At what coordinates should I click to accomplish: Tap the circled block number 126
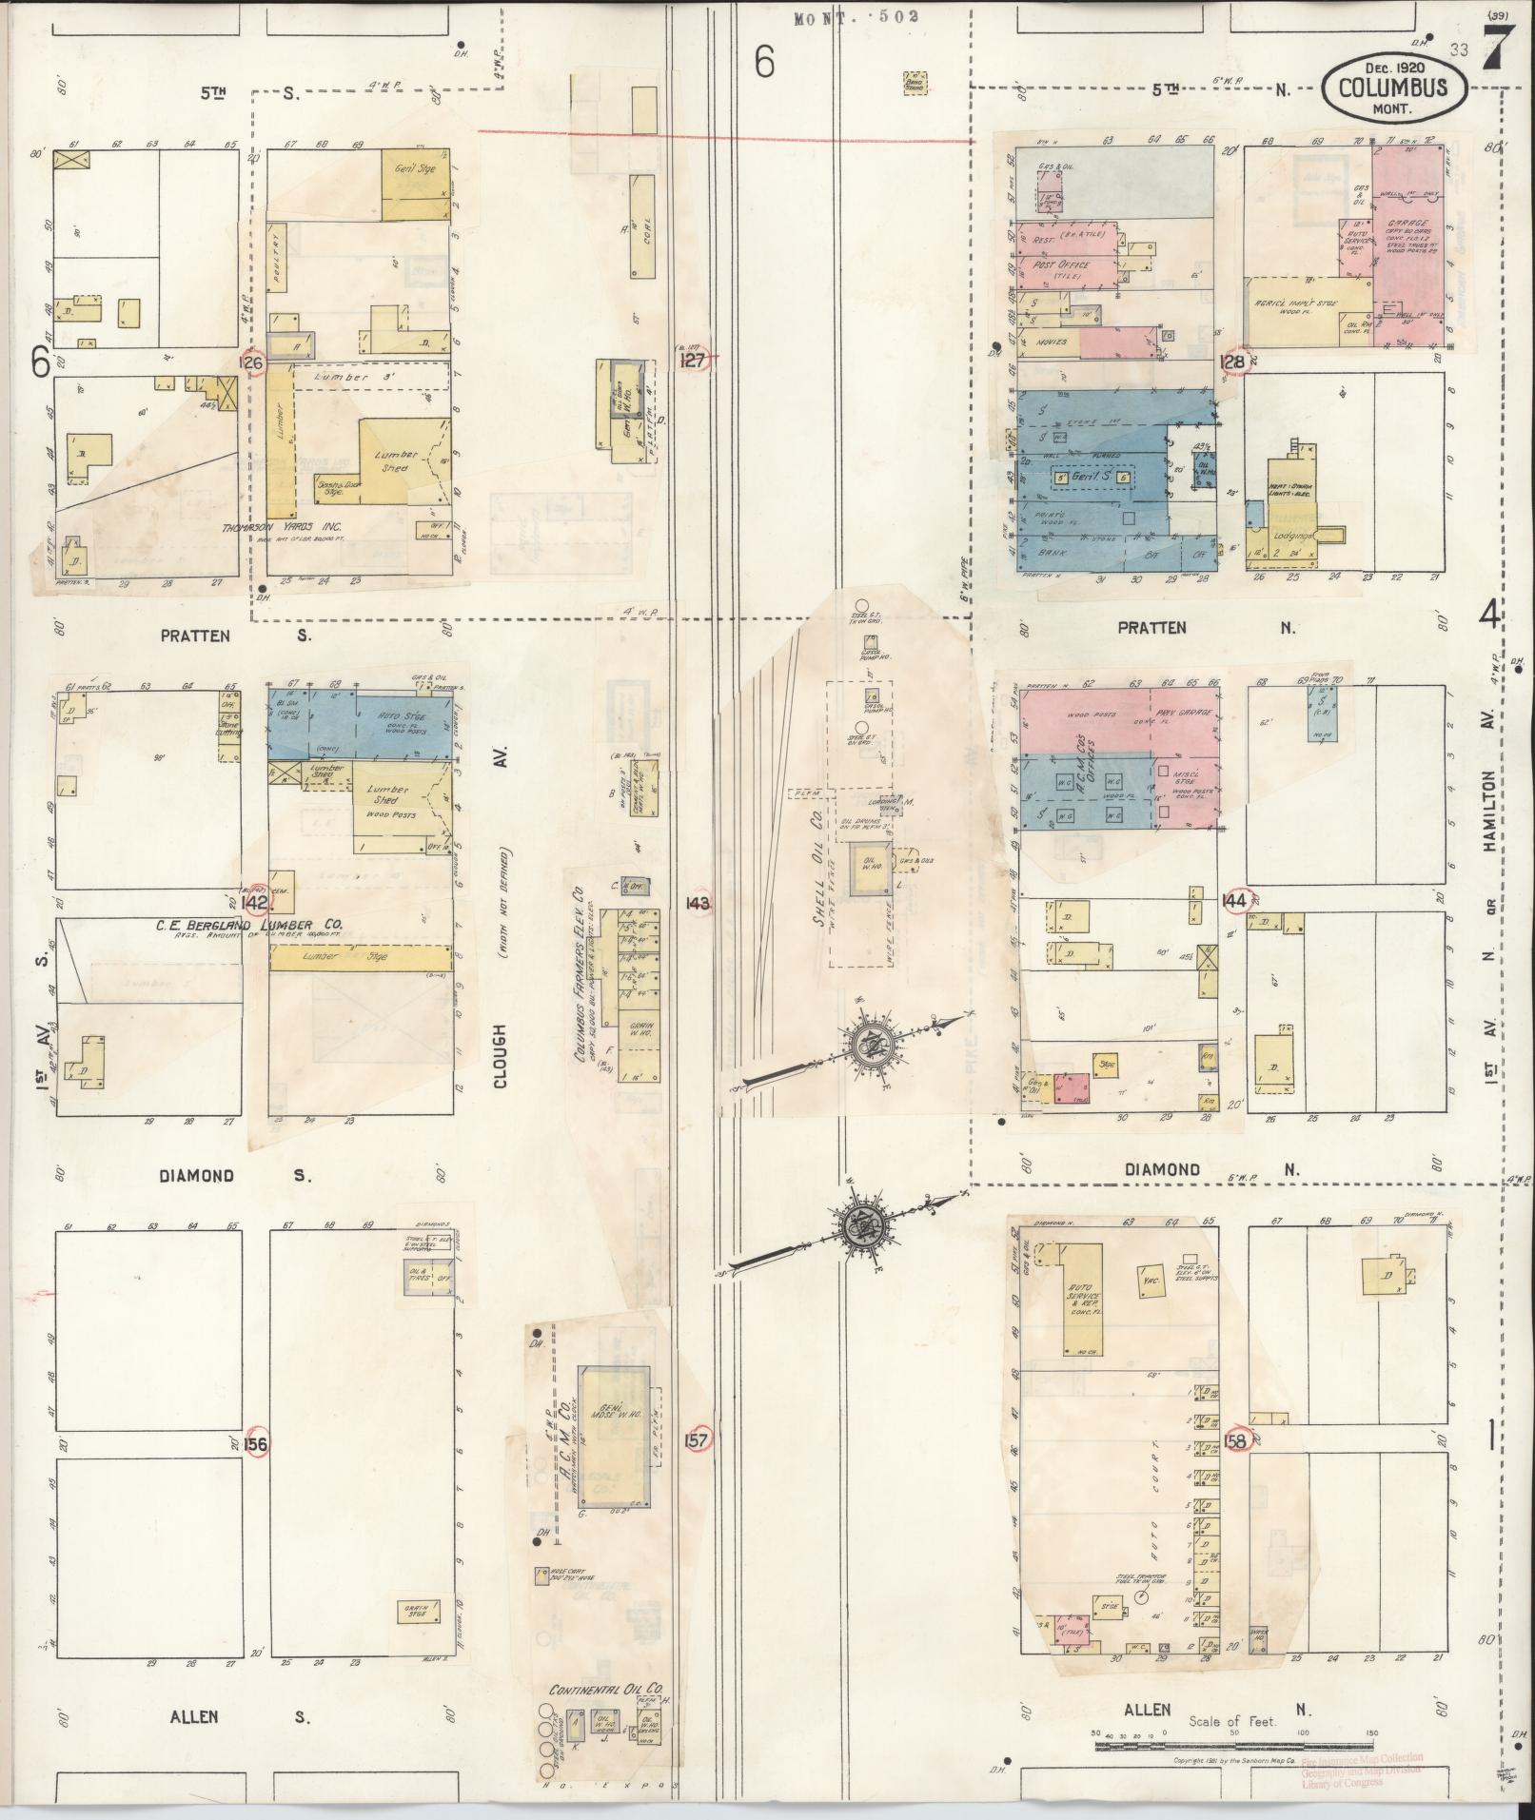251,362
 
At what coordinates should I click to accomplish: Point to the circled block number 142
255,902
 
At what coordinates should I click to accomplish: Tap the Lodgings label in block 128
1294,536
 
